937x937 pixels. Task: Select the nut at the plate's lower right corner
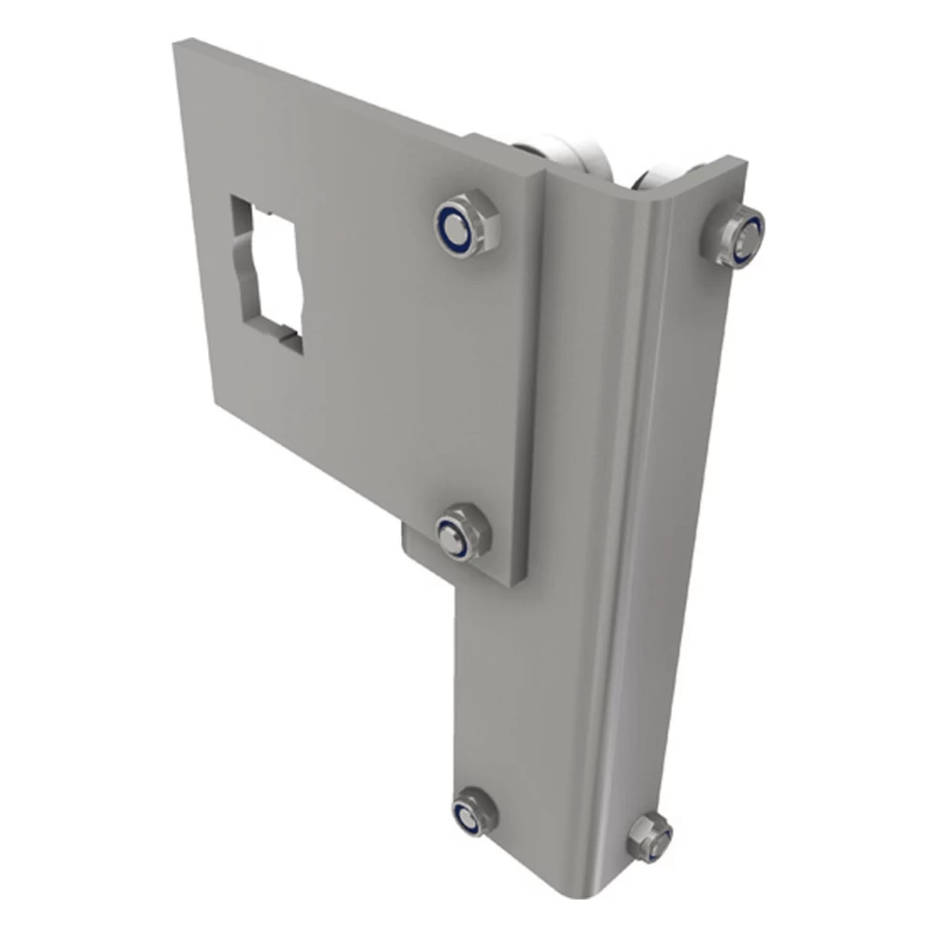(x=463, y=531)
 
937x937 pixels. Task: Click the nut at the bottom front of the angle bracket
(x=473, y=811)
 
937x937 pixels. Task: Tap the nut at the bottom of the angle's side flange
(x=648, y=834)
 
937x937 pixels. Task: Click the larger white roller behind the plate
(x=553, y=154)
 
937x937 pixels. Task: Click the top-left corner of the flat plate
(x=178, y=42)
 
